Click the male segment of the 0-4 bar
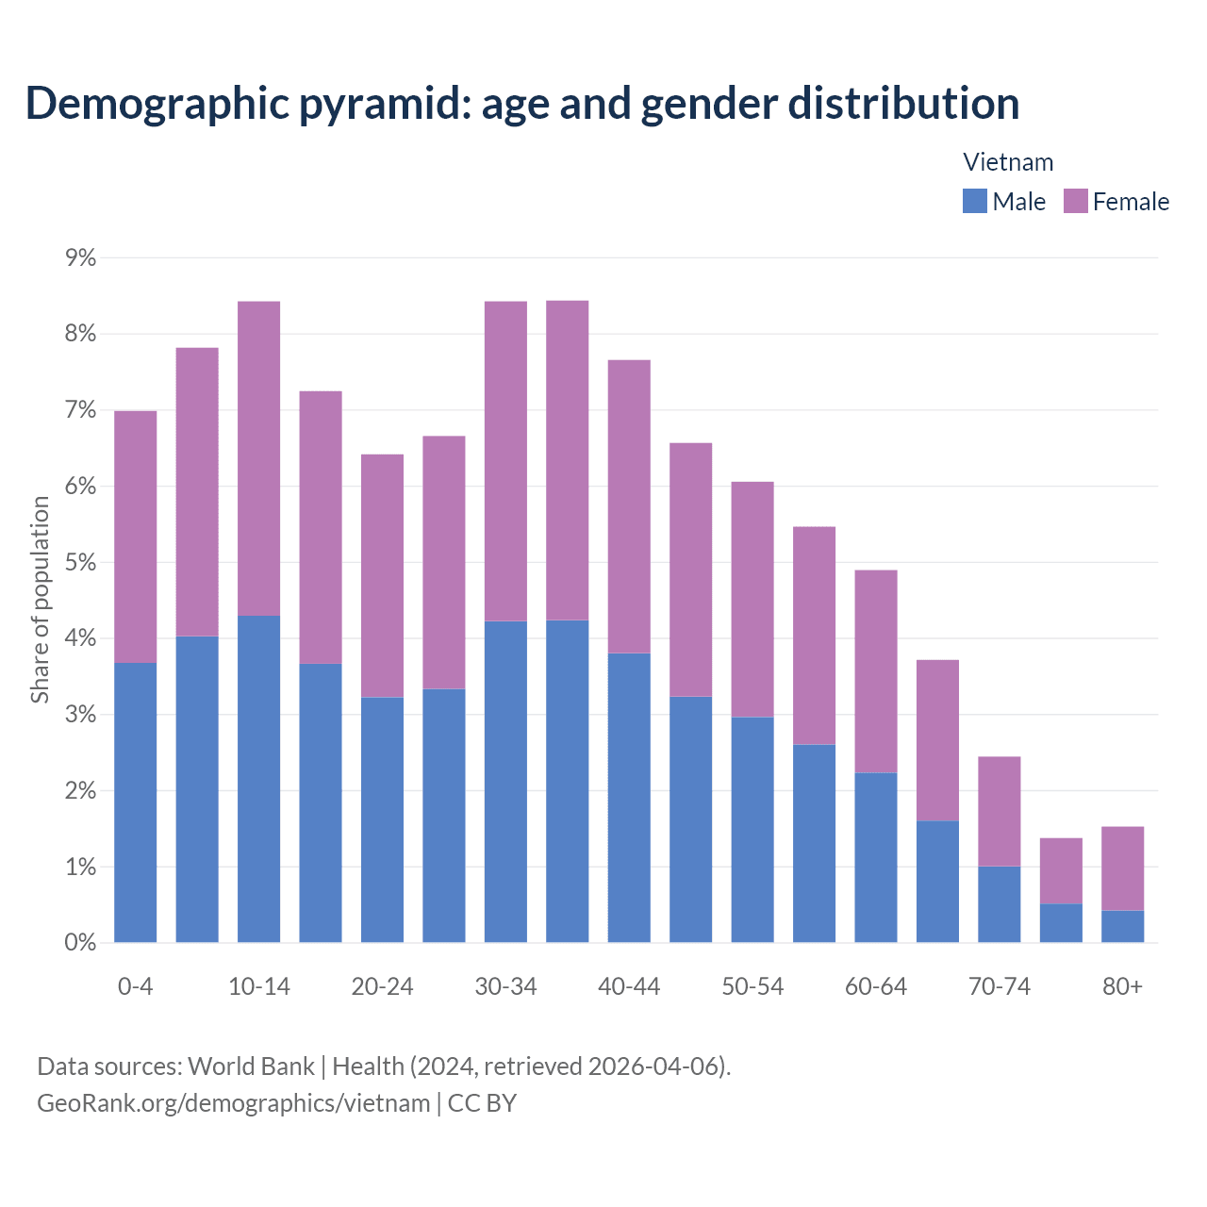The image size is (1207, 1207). point(135,802)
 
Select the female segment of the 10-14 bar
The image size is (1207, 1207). point(258,458)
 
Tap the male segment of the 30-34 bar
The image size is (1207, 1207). point(505,781)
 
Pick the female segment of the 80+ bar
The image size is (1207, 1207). point(1122,868)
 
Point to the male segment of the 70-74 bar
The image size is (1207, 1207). point(999,903)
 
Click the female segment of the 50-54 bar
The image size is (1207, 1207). point(752,599)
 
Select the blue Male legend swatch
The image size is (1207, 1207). point(974,201)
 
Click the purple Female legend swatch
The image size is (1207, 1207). point(1075,201)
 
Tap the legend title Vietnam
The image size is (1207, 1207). point(1007,162)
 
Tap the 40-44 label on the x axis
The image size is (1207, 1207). point(629,986)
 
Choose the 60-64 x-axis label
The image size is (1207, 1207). point(875,986)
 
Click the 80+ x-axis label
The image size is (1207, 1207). point(1122,986)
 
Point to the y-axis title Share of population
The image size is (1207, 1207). point(40,600)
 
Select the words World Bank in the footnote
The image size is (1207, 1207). point(251,1066)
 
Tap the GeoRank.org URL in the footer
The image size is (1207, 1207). point(233,1102)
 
